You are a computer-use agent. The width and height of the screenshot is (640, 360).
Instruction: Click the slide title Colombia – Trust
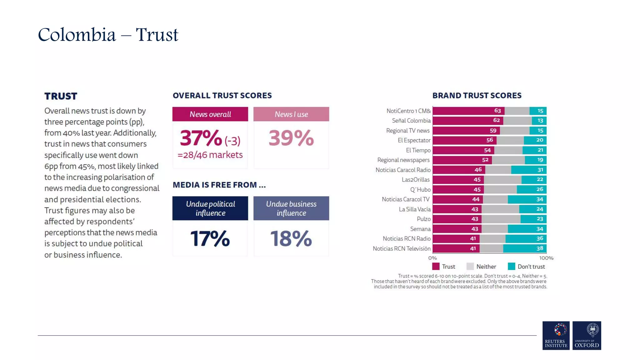tap(108, 34)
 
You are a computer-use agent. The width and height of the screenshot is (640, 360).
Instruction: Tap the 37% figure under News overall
tap(201, 138)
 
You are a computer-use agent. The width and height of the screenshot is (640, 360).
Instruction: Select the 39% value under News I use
tap(291, 138)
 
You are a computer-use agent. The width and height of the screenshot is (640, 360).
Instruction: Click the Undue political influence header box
tap(210, 208)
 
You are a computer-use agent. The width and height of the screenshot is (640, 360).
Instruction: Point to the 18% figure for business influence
tap(291, 239)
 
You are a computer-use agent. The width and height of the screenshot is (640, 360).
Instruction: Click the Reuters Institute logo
tap(556, 335)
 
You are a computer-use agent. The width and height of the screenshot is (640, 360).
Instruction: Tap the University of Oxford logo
tap(587, 335)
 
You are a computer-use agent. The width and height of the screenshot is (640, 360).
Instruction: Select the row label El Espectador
tap(414, 140)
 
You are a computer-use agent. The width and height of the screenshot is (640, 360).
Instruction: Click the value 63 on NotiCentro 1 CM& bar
tap(497, 111)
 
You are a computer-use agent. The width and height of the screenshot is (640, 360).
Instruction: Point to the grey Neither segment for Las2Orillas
tap(502, 180)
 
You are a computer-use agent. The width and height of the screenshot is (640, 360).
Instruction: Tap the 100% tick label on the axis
tap(546, 258)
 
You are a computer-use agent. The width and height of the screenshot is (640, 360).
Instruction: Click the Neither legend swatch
tap(470, 267)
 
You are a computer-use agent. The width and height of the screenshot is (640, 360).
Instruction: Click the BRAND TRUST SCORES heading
tap(477, 96)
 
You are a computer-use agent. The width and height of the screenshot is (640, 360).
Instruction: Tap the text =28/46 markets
tap(210, 155)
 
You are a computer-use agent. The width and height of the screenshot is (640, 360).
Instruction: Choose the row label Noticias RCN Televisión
tap(401, 249)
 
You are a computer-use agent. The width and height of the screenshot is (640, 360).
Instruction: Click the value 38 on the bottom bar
tap(540, 248)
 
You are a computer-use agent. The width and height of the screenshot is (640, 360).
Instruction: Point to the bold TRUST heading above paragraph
tap(61, 96)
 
